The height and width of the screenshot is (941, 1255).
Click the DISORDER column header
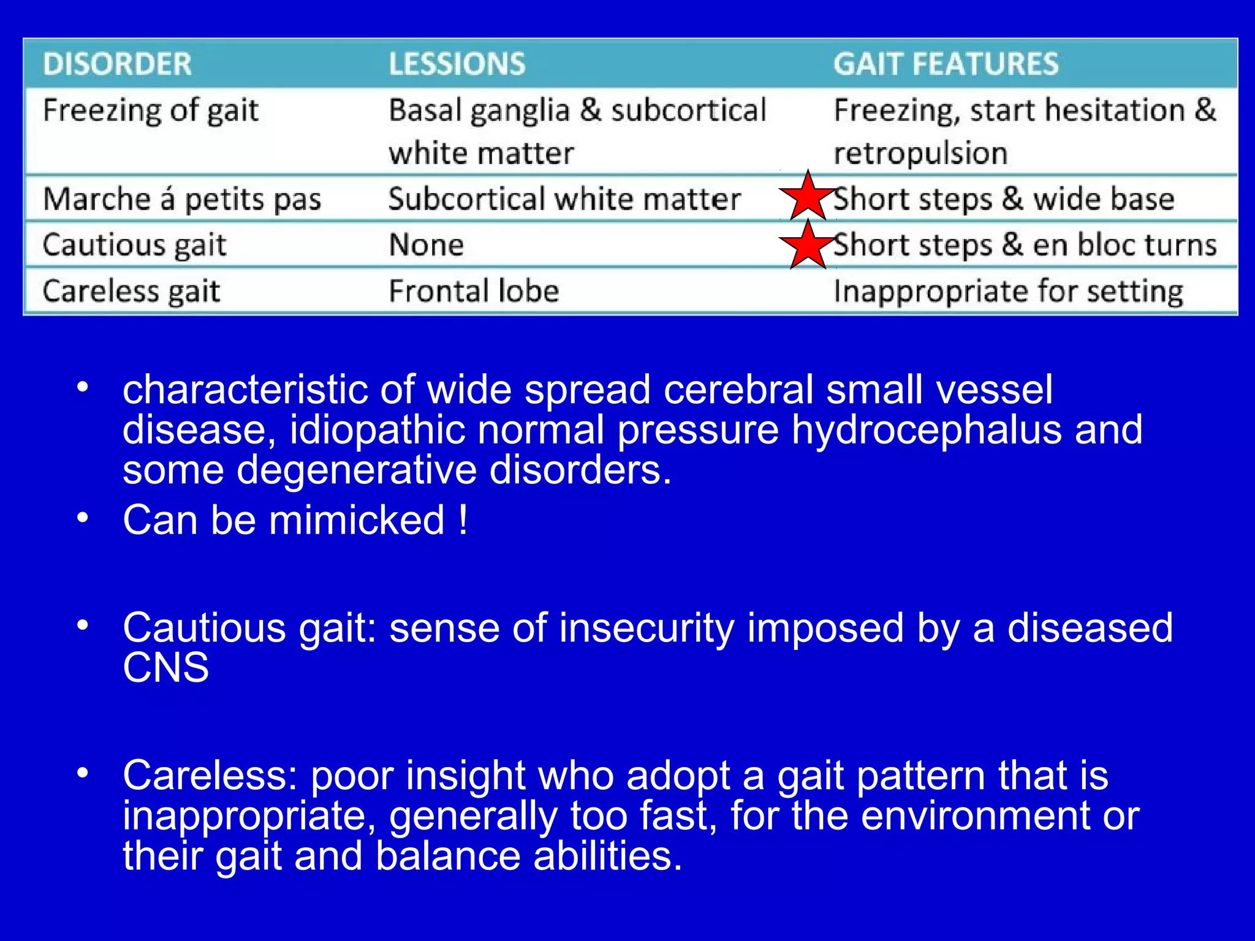tap(117, 64)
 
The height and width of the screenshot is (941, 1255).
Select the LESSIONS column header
tap(457, 64)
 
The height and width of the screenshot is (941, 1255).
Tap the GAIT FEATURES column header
tap(946, 64)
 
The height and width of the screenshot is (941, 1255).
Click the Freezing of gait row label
tap(151, 111)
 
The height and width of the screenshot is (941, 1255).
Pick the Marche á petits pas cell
tap(182, 199)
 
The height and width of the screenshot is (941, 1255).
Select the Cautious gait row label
tap(135, 245)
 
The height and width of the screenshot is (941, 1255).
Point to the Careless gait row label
tap(131, 291)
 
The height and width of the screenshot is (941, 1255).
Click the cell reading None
tap(427, 245)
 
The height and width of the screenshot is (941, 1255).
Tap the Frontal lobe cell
tap(474, 291)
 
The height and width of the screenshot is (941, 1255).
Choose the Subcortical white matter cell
tap(564, 199)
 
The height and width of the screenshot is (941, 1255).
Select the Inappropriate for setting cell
tap(1008, 291)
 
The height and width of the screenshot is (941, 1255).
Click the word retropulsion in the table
tap(920, 153)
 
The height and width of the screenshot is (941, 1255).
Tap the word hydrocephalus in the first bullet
tap(927, 429)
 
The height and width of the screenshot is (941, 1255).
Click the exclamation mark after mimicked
tap(463, 520)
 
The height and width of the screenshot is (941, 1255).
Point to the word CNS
tap(165, 667)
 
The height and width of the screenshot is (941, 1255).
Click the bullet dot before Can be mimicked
tap(83, 518)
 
